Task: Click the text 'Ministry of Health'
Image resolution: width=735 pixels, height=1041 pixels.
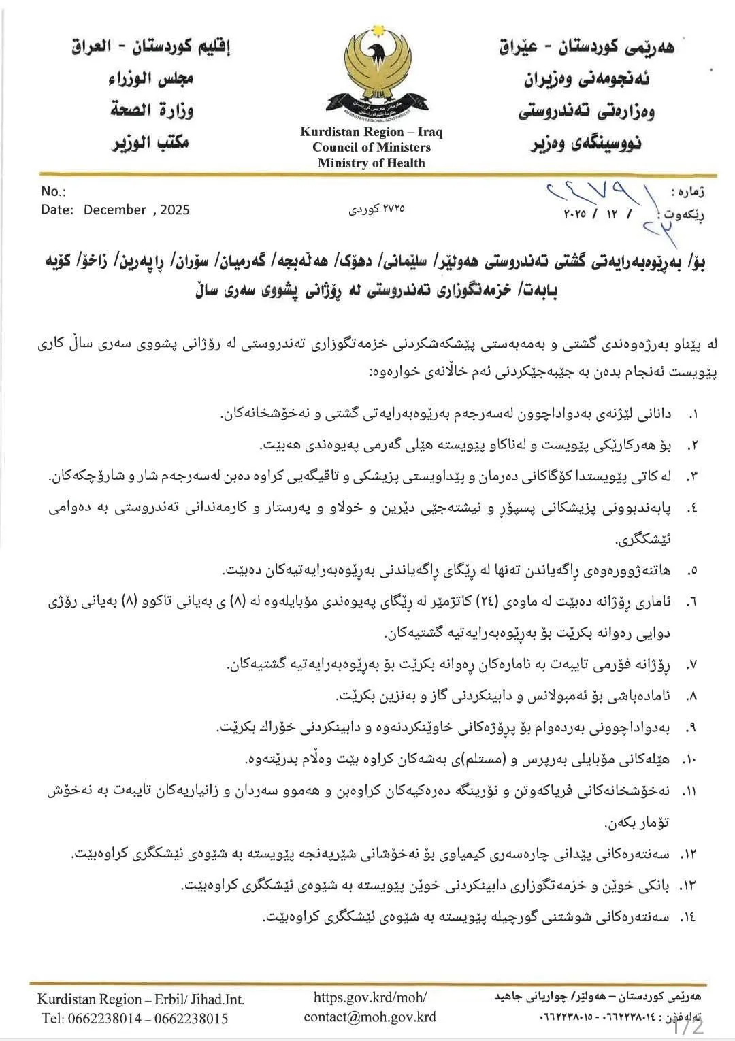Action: point(371,163)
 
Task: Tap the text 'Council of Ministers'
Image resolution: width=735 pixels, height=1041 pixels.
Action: point(372,148)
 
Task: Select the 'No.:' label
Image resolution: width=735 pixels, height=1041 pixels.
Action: point(53,191)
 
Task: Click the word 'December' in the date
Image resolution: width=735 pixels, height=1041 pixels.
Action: point(115,210)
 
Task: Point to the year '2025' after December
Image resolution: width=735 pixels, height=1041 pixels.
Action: point(175,210)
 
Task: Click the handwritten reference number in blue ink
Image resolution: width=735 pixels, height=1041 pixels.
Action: point(598,197)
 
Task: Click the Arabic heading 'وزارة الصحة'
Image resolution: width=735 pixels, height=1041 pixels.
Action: point(152,110)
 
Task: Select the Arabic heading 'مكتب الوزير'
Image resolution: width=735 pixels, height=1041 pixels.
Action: point(150,142)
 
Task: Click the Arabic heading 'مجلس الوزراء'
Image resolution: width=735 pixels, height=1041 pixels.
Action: point(151,78)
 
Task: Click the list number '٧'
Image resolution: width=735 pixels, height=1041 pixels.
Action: point(692,665)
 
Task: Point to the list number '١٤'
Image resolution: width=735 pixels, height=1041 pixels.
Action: point(688,917)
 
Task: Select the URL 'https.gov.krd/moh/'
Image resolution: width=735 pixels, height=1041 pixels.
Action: point(370,997)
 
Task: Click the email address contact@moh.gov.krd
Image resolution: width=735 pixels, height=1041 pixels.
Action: point(370,1017)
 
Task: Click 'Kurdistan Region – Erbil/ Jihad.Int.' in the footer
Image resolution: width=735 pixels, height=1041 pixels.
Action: point(141,999)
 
